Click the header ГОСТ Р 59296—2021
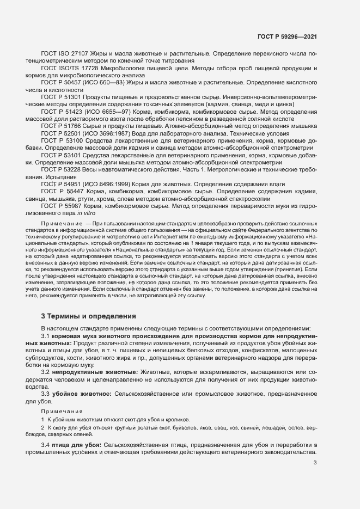(287, 36)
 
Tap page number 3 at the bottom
(315, 463)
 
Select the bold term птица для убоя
(76, 445)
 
